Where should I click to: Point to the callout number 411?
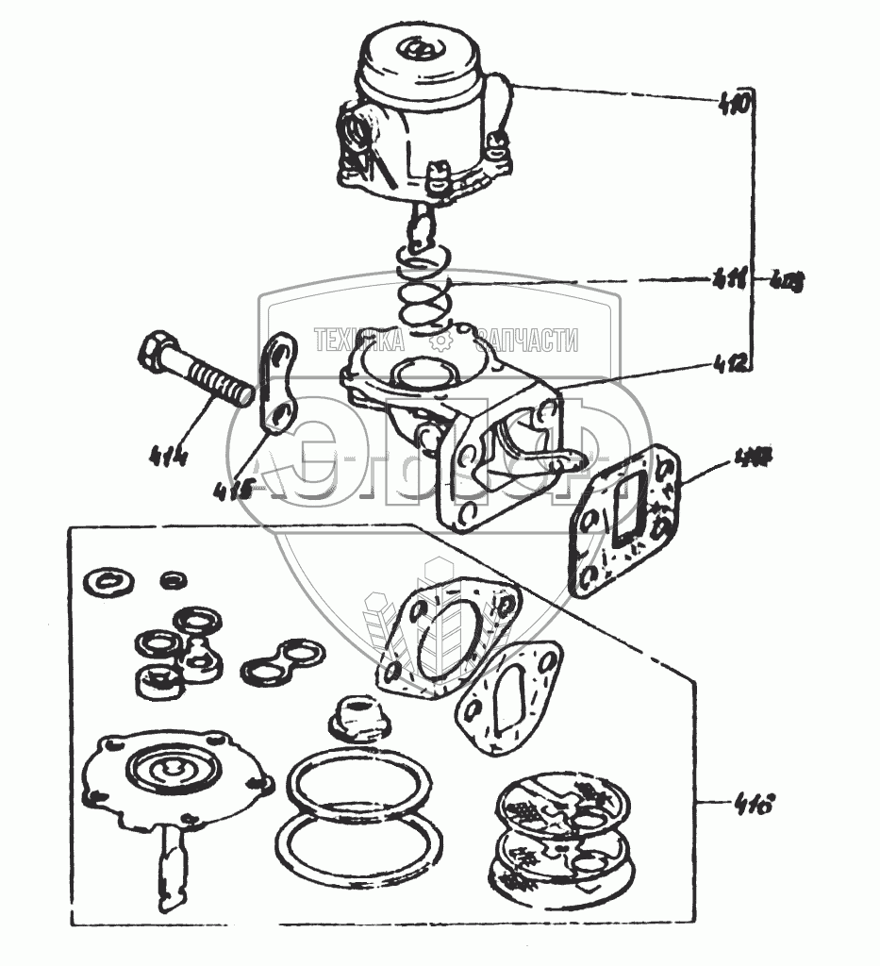pyautogui.click(x=730, y=277)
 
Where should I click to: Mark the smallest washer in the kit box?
pyautogui.click(x=171, y=577)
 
